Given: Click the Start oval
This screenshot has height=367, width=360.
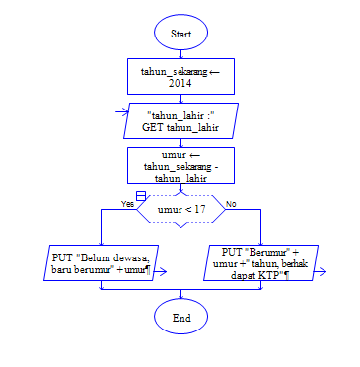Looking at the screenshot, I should (180, 33).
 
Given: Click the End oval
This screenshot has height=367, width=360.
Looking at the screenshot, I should (180, 318).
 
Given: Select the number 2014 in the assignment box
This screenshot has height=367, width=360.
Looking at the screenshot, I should (180, 84).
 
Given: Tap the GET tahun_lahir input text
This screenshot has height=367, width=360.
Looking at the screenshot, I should (180, 127).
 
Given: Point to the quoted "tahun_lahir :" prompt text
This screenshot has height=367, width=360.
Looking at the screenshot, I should (180, 115).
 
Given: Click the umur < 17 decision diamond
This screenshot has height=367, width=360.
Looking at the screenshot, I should (180, 209).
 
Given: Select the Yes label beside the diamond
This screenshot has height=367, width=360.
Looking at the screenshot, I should (127, 202).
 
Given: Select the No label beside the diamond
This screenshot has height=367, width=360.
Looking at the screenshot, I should (231, 203).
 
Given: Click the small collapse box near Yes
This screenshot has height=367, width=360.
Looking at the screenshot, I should (141, 197).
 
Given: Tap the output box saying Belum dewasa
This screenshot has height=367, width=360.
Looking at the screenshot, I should (101, 262).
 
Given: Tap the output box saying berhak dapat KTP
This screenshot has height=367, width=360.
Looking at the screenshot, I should (260, 262).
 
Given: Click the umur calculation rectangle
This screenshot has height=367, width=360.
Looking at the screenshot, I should (180, 166).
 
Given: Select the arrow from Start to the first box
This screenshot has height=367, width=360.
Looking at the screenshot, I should (180, 53).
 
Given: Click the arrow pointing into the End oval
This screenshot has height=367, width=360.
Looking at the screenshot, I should (180, 296).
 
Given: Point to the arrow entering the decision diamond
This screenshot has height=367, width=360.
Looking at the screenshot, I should (180, 189).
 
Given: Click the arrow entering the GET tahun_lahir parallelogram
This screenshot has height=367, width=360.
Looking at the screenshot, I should (180, 101).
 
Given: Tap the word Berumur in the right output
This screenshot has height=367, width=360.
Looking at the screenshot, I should (261, 252).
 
